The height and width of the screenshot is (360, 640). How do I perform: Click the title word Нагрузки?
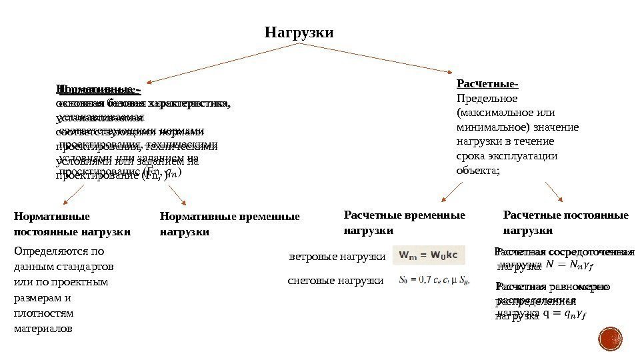pyautogui.click(x=299, y=32)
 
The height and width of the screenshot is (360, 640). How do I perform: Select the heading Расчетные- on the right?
pyautogui.click(x=487, y=84)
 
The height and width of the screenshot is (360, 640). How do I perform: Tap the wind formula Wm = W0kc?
pyautogui.click(x=430, y=255)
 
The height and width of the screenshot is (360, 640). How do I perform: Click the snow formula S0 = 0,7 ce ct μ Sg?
pyautogui.click(x=434, y=281)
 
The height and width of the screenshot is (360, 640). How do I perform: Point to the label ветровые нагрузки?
pyautogui.click(x=337, y=257)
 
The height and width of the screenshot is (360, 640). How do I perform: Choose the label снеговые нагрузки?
pyautogui.click(x=336, y=281)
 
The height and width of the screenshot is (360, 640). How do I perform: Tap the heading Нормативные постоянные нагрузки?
pyautogui.click(x=72, y=224)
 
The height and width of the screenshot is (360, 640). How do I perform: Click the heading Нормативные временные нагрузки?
pyautogui.click(x=230, y=224)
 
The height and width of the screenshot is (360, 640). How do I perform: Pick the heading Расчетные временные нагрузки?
pyautogui.click(x=404, y=222)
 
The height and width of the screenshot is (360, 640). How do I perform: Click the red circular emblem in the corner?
pyautogui.click(x=609, y=340)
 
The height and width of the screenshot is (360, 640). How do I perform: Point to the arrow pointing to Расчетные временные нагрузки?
pyautogui.click(x=453, y=192)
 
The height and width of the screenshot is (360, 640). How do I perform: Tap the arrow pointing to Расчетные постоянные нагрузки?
pyautogui.click(x=554, y=191)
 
